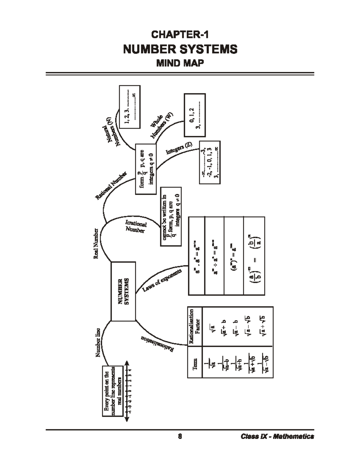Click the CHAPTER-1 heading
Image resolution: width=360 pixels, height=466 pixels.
tap(180, 35)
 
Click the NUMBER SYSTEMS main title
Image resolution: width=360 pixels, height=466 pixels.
tap(180, 49)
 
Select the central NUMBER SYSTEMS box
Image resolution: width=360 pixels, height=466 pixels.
tap(123, 291)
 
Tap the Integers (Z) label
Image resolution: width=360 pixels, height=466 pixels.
tap(179, 148)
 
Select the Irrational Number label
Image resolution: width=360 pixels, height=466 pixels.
tap(136, 227)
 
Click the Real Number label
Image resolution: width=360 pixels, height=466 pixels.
tap(96, 244)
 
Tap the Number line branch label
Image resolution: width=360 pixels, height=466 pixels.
tap(98, 342)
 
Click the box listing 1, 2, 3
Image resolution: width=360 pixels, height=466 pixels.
tap(130, 107)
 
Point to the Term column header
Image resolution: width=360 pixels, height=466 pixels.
tap(195, 364)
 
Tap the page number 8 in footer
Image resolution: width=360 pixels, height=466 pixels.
tap(180, 437)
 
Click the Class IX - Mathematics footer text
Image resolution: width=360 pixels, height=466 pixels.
tap(277, 437)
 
